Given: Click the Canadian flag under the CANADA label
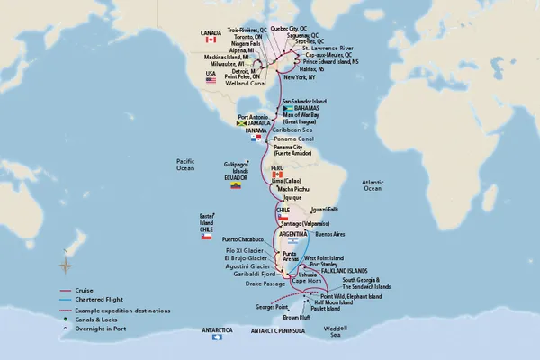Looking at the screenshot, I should point(211,40).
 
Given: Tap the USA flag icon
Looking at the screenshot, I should point(212,81).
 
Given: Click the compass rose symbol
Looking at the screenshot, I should point(65,264).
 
